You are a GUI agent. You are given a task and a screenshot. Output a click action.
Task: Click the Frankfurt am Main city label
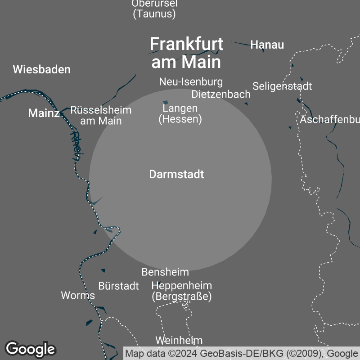pos(186,53)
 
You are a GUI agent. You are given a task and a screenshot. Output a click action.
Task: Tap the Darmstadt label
pos(176,174)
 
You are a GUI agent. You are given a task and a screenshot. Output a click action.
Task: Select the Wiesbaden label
pos(42,69)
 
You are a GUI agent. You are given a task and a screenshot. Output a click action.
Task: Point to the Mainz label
pos(44,113)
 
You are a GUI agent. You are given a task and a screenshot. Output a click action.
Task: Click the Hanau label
pos(267,45)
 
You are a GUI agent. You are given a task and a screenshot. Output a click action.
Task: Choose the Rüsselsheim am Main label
pos(101,115)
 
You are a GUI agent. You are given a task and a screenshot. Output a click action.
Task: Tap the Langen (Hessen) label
pos(180,113)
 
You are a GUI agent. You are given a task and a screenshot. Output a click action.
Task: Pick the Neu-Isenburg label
pos(191,82)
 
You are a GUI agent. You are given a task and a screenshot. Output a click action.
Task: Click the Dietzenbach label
pos(221,94)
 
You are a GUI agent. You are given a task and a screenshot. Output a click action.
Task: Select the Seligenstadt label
pos(282,86)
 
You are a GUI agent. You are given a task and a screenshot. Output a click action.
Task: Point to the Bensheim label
pos(165,272)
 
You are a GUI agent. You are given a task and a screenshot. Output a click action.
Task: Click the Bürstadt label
pos(119,286)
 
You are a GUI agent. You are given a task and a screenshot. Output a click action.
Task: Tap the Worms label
pos(78,295)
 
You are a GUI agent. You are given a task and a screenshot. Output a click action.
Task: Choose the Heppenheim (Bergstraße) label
pos(182,291)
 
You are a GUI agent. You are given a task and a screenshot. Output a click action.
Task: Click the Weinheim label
pos(179,340)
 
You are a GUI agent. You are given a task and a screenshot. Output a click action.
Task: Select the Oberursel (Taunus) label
pos(154,9)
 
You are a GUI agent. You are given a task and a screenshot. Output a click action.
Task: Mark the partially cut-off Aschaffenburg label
pos(330,120)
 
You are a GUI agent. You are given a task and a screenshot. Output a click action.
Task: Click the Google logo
pos(30,349)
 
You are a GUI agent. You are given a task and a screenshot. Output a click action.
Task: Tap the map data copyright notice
pos(242,353)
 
